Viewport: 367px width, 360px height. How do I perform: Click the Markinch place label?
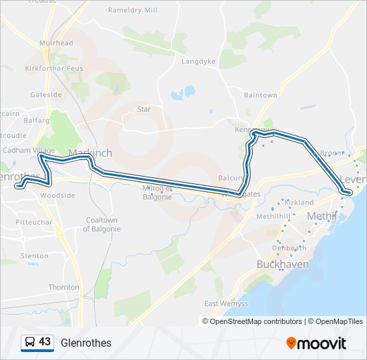click(90, 153)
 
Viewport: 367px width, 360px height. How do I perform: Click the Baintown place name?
click(260, 95)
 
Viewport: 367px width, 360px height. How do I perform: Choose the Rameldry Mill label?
click(133, 11)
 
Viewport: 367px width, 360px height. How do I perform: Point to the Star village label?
click(143, 109)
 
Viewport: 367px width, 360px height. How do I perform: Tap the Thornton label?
click(63, 287)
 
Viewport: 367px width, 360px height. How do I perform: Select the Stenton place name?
click(35, 255)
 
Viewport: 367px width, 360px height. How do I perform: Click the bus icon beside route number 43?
click(30, 343)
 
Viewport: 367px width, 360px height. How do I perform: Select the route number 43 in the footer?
click(45, 342)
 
